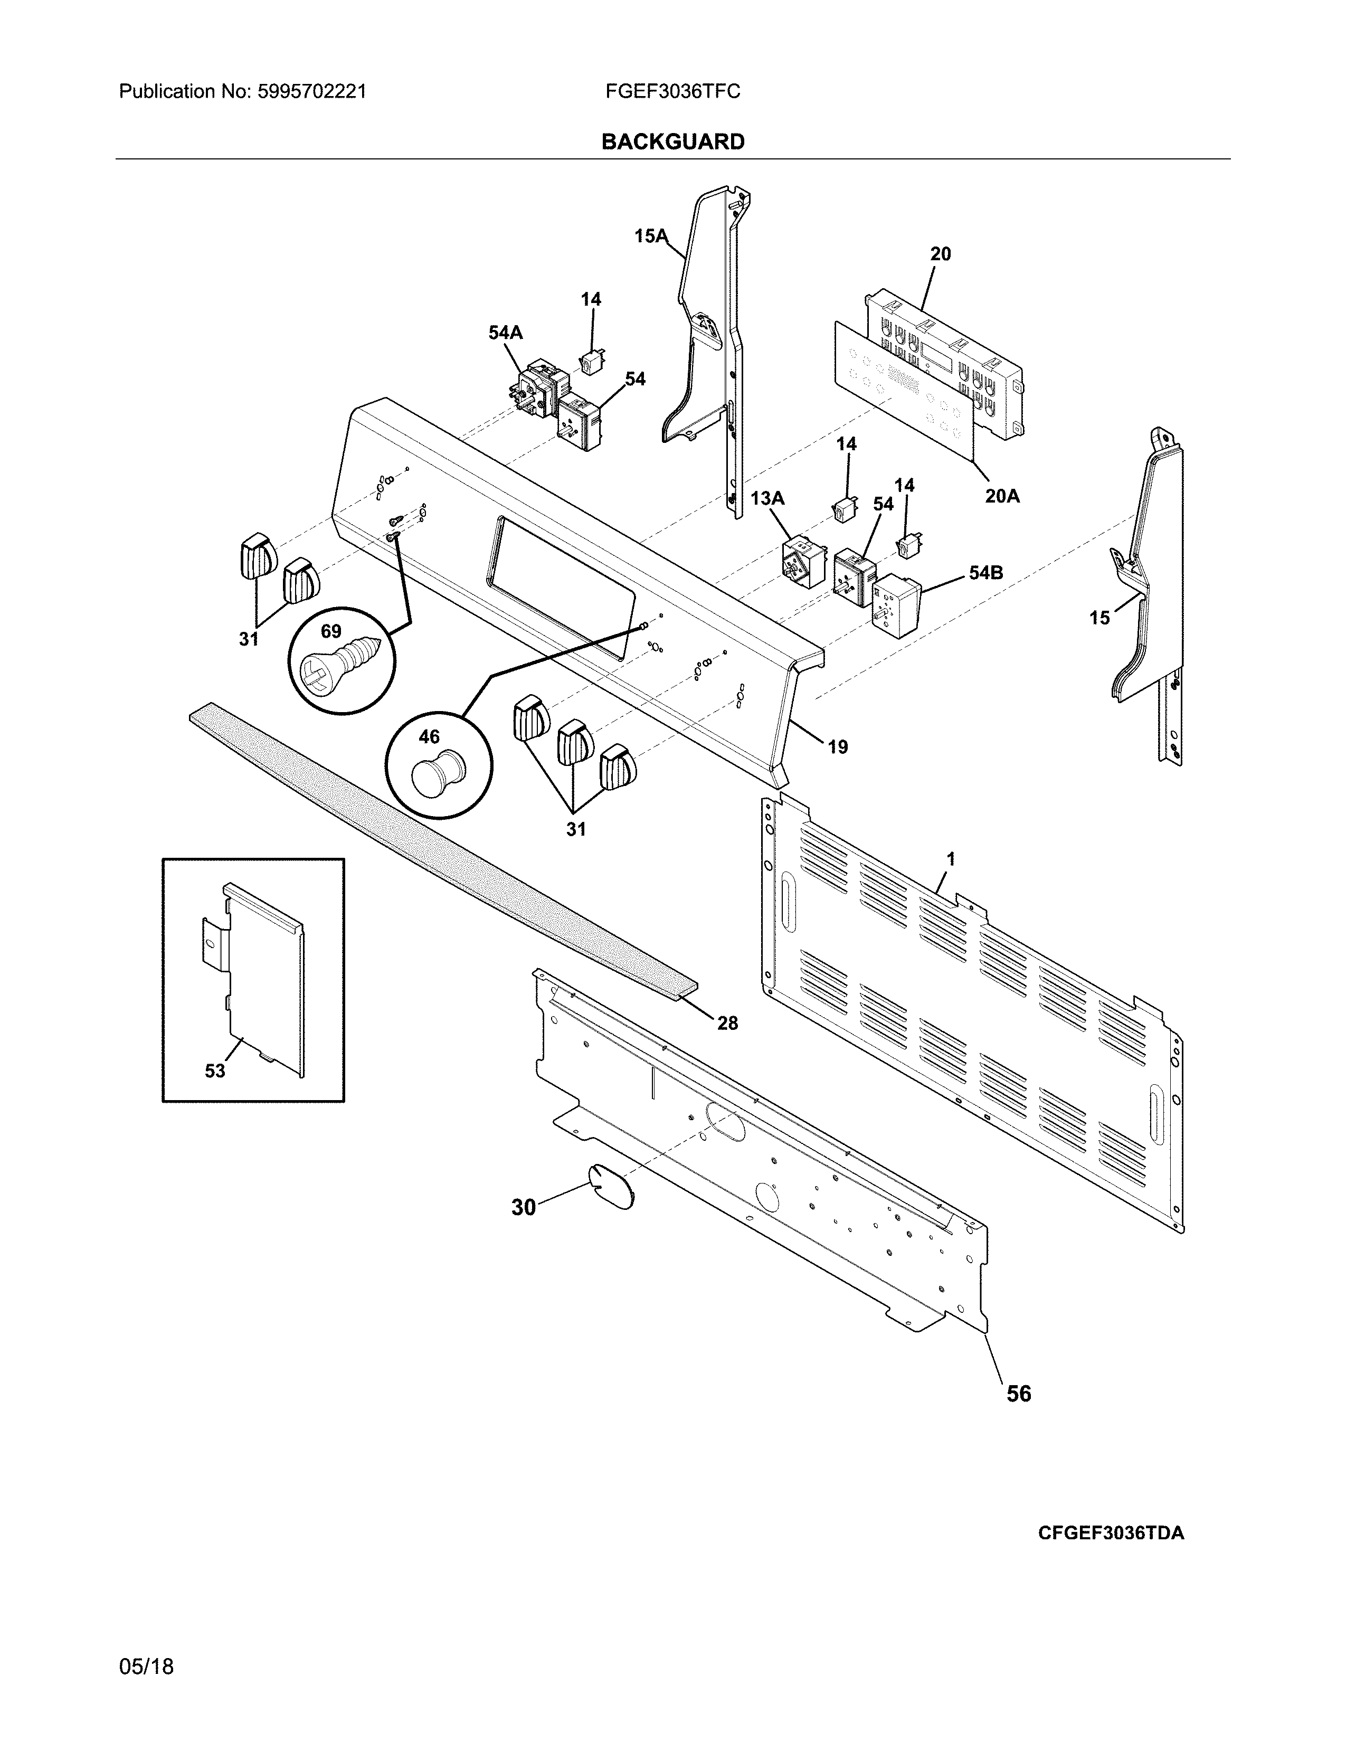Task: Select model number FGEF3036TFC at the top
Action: tap(672, 92)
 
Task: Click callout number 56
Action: tap(1018, 1394)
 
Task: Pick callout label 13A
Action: tap(767, 498)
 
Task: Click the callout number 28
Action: tap(727, 1023)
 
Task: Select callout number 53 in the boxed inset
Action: tap(215, 1071)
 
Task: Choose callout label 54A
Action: tap(506, 333)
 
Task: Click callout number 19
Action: tap(837, 747)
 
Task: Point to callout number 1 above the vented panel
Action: tap(951, 859)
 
